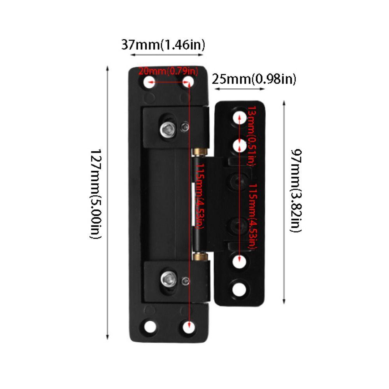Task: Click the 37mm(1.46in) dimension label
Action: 163,45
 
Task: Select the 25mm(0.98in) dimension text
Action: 254,79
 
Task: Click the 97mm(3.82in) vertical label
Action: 296,191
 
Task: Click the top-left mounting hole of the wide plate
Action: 149,82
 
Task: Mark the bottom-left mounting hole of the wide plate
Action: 149,326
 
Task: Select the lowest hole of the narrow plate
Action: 240,289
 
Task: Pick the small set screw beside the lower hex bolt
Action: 186,281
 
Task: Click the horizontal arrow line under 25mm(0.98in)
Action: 240,89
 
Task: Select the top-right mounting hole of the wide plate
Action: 188,82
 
